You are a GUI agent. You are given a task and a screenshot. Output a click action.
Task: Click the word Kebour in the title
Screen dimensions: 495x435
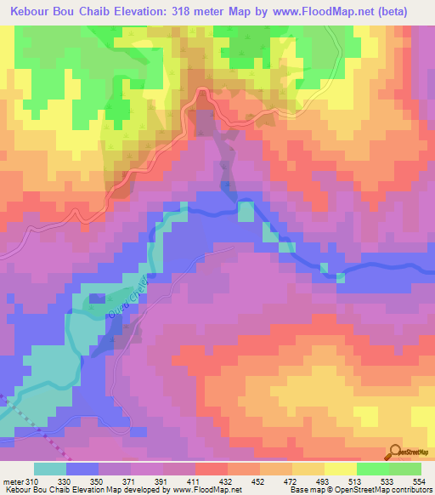(34, 12)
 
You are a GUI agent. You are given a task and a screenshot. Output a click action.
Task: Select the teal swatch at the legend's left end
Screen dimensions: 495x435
(50, 469)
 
